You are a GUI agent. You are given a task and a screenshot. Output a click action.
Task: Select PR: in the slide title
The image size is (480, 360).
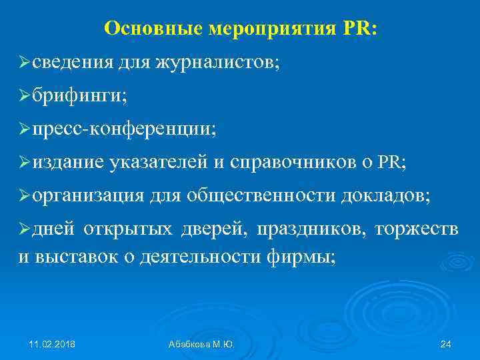pos(360,28)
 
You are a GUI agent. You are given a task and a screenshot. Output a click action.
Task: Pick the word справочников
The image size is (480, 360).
pos(294,161)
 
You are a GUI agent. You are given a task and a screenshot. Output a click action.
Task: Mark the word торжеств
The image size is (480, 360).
pos(417,229)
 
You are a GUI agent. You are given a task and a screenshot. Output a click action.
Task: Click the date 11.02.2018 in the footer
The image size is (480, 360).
pos(52,344)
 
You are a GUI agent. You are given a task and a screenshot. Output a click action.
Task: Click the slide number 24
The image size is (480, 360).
pos(446,344)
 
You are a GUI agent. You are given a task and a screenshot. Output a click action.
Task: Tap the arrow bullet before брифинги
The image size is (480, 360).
pos(24,96)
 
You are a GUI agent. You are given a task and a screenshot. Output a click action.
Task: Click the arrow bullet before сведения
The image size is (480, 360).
pos(24,64)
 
